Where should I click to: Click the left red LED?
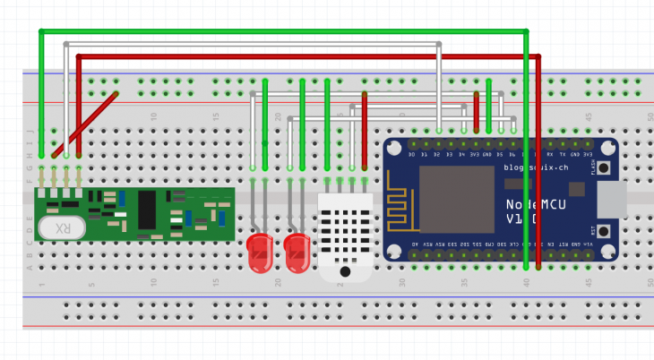pyautogui.click(x=260, y=252)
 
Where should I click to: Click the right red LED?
pyautogui.click(x=297, y=252)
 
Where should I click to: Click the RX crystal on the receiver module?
pyautogui.click(x=61, y=228)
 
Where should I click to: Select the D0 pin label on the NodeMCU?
pyautogui.click(x=412, y=155)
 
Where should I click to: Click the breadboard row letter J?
pyautogui.click(x=30, y=131)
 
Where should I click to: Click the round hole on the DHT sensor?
pyautogui.click(x=345, y=270)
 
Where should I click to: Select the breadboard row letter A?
pyautogui.click(x=30, y=267)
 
